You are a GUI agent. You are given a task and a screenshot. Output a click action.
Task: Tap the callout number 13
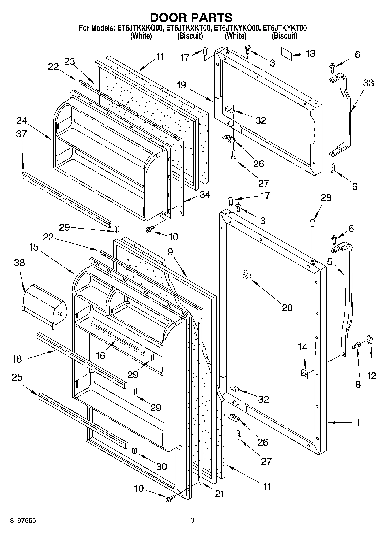[310, 54]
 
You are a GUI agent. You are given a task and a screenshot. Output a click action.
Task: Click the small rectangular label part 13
[287, 54]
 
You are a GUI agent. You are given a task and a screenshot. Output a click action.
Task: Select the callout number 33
[368, 83]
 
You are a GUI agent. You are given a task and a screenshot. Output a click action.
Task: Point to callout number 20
[287, 308]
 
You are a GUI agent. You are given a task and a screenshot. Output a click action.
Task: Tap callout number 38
[19, 263]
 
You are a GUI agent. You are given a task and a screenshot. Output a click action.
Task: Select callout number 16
[100, 355]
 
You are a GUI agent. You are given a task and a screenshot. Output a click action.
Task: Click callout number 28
[326, 198]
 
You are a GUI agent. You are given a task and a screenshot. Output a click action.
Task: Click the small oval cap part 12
[370, 340]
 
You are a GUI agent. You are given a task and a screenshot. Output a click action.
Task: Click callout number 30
[161, 466]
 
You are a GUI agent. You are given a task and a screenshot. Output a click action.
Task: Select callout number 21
[219, 494]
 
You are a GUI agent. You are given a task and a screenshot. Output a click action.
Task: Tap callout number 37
[22, 134]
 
